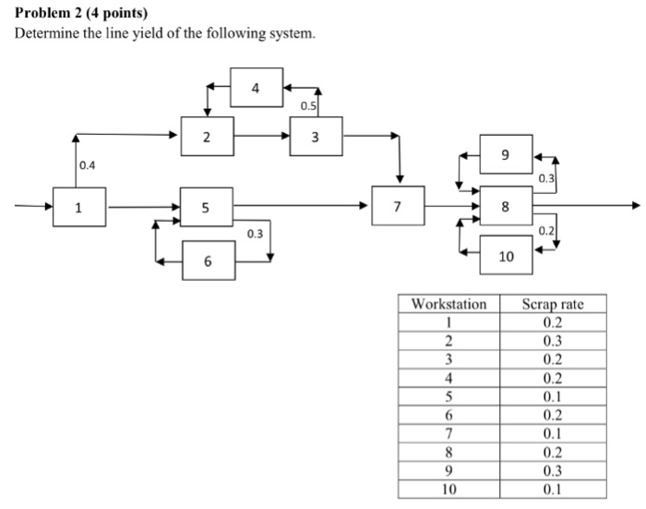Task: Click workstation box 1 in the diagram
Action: click(x=79, y=206)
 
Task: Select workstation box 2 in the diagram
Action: click(x=207, y=137)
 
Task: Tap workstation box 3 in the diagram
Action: click(x=316, y=137)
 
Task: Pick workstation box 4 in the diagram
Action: click(x=256, y=88)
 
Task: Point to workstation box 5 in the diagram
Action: click(x=206, y=206)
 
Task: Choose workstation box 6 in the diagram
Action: click(x=208, y=261)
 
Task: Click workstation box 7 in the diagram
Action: click(x=397, y=205)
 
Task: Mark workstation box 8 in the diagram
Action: click(x=505, y=206)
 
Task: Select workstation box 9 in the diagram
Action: click(x=506, y=151)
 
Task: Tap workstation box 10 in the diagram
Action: click(x=506, y=256)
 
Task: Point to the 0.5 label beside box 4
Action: click(x=308, y=106)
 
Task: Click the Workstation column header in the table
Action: click(x=449, y=304)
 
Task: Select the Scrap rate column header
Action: click(x=552, y=304)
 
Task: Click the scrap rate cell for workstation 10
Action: click(x=552, y=487)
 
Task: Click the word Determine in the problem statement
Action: click(x=43, y=34)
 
